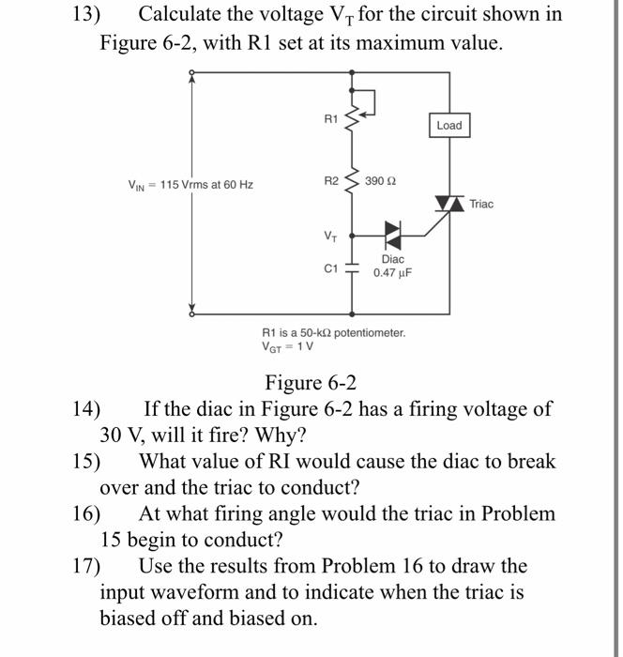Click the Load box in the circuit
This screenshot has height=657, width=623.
coord(449,126)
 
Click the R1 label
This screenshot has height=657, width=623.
coord(328,119)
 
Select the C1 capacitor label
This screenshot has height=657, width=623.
coord(329,268)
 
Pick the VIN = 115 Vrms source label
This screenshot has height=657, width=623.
coord(190,184)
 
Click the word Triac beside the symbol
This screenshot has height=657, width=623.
coord(481,204)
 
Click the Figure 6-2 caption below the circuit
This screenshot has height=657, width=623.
coord(310,383)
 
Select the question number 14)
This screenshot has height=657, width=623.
coord(87,410)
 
